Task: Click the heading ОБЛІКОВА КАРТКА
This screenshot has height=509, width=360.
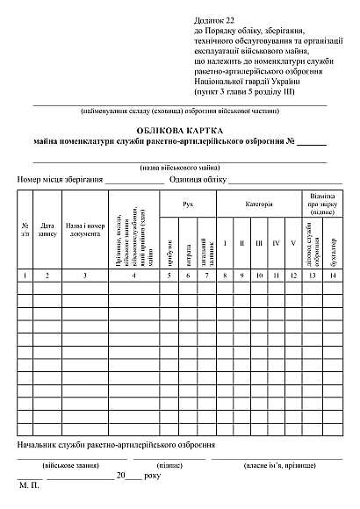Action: pyautogui.click(x=179, y=129)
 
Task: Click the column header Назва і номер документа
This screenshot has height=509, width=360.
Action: pyautogui.click(x=85, y=230)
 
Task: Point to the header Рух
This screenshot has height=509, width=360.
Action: pyautogui.click(x=187, y=204)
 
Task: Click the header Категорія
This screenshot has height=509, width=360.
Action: pyautogui.click(x=258, y=204)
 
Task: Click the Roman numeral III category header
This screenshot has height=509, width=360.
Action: pyautogui.click(x=258, y=242)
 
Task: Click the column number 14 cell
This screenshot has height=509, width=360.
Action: pyautogui.click(x=334, y=276)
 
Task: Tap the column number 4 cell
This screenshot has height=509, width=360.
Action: pyautogui.click(x=133, y=276)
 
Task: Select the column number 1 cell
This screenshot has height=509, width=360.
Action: pyautogui.click(x=25, y=276)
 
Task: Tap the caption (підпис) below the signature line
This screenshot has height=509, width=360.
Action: pyautogui.click(x=169, y=462)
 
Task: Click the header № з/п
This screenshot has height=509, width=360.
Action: pyautogui.click(x=25, y=230)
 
